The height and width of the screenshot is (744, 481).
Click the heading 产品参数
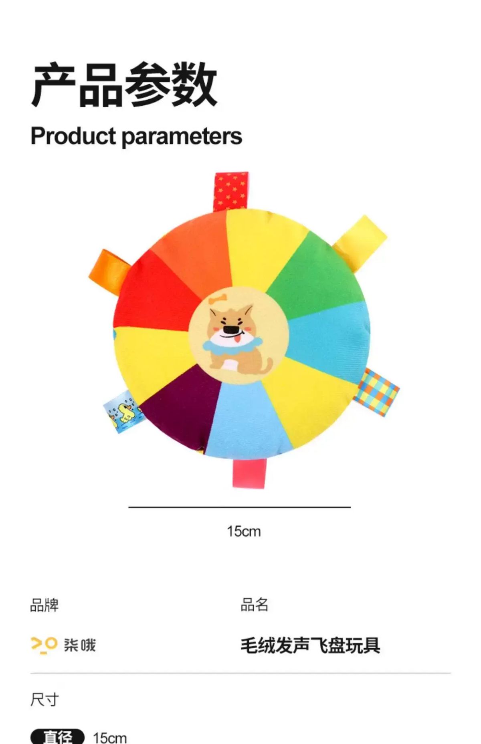(124, 85)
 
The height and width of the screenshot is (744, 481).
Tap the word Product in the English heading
(73, 136)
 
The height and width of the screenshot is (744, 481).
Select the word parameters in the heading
(182, 137)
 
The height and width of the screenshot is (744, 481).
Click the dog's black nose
(230, 330)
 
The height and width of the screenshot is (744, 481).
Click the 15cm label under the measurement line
(244, 532)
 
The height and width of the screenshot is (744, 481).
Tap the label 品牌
(44, 605)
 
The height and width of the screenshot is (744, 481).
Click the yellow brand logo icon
(44, 645)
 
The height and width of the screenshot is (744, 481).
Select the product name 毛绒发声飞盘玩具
(310, 645)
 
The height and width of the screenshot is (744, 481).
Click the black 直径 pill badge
(58, 736)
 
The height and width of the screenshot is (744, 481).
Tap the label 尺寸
(44, 700)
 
